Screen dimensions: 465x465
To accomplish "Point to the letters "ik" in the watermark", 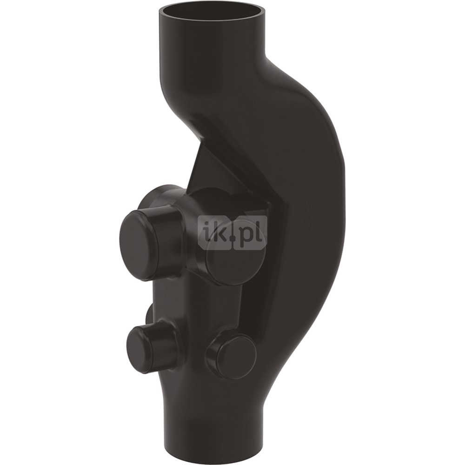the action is coord(216,233).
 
